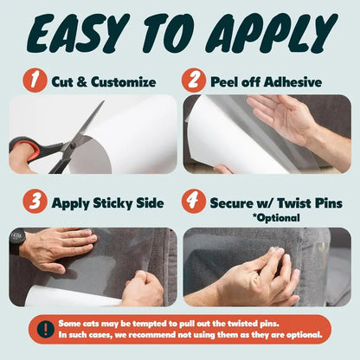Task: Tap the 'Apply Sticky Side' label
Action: coord(108,204)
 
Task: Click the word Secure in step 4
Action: coord(234,204)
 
